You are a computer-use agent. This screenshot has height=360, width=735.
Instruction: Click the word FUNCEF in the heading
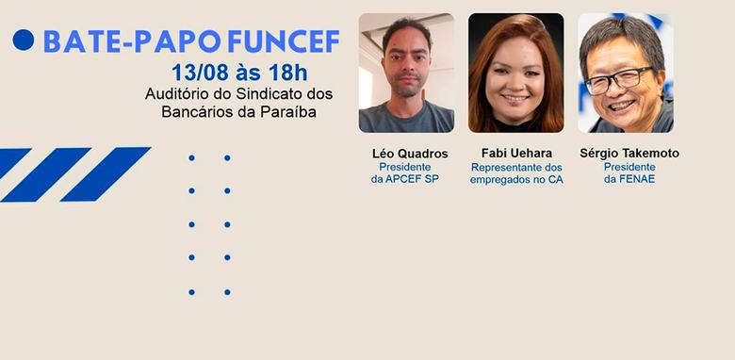pos(284,41)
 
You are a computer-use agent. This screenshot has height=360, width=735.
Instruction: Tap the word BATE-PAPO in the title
pos(132,41)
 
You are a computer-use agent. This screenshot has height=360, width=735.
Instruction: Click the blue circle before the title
pos(24,40)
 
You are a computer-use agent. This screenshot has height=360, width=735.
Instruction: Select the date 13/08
pos(200,73)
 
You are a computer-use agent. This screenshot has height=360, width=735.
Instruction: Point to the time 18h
pos(287,73)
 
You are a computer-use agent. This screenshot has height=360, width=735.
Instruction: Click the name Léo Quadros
pos(410,154)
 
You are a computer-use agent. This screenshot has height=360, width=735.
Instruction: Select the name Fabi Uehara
pos(516,154)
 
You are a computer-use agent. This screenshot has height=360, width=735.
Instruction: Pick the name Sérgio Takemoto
pos(629,154)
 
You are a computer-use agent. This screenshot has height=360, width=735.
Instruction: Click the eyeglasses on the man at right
pos(618,79)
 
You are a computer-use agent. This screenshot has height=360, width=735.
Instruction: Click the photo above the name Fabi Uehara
pos(516,73)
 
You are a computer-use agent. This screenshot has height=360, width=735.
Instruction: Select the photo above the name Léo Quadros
pos(406,73)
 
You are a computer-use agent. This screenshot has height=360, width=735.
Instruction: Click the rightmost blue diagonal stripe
pos(106,174)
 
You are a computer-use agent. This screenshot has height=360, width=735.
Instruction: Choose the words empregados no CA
pos(516,180)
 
